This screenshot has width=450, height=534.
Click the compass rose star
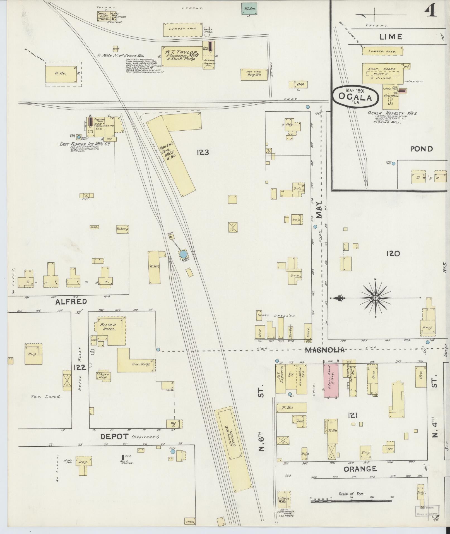(x=376, y=298)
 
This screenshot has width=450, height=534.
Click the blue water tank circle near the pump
(x=183, y=254)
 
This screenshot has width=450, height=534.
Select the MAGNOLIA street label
(x=324, y=350)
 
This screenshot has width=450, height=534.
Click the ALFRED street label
(x=71, y=301)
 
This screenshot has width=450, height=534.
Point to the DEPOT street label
(x=114, y=437)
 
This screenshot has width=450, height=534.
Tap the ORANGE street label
(x=360, y=469)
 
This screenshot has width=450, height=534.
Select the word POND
(x=421, y=149)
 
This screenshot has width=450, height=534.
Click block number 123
(x=203, y=152)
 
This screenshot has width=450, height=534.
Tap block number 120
(x=393, y=253)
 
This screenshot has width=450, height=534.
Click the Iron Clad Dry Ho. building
(x=252, y=75)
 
